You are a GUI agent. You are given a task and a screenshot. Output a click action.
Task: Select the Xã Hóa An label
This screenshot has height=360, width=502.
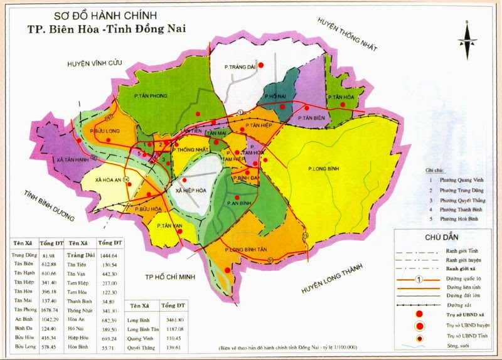[x=107, y=179]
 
